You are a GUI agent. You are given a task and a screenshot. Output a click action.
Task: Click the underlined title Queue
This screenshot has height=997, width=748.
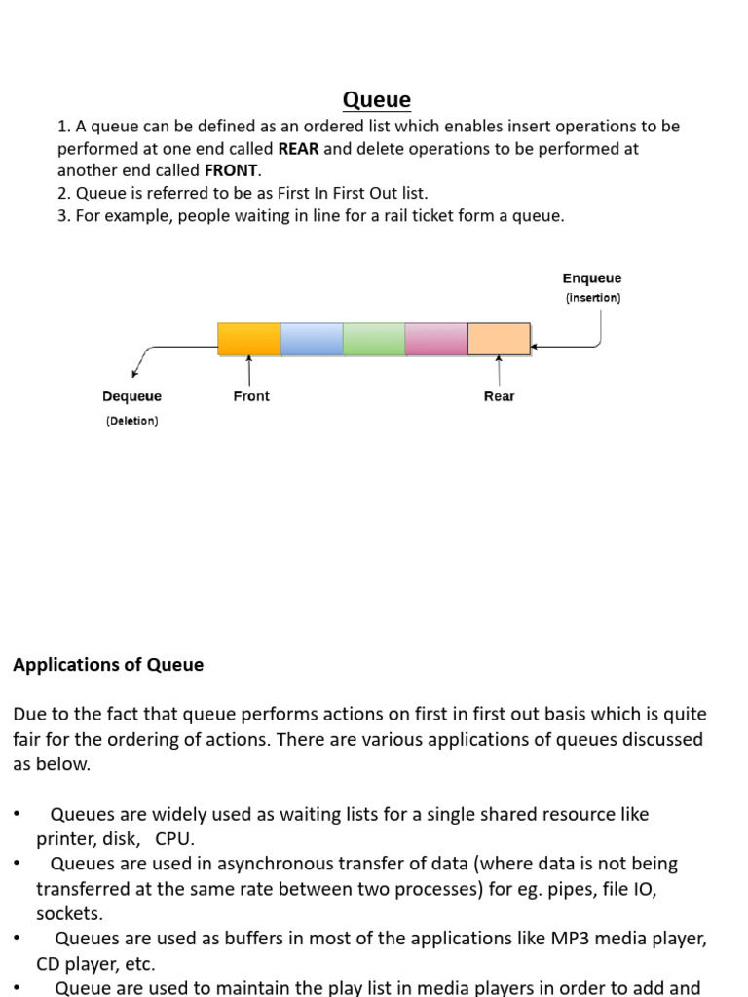(377, 99)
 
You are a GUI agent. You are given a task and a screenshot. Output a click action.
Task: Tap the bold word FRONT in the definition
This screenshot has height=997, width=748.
(232, 170)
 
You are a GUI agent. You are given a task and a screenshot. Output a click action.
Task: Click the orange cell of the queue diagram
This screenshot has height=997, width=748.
(249, 339)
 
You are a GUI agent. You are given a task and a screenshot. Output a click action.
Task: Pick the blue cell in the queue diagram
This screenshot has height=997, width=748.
(312, 339)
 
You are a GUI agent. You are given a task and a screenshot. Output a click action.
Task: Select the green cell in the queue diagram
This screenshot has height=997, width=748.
(374, 339)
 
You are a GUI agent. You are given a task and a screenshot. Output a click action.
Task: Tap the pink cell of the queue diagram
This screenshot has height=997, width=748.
(436, 339)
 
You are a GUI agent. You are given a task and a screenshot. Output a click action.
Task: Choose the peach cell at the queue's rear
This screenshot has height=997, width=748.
(499, 339)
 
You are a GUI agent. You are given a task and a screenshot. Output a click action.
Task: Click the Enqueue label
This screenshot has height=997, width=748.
(591, 278)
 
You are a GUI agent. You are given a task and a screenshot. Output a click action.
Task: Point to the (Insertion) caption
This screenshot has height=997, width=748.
(592, 298)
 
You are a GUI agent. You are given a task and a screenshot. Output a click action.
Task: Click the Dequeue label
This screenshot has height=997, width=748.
(131, 396)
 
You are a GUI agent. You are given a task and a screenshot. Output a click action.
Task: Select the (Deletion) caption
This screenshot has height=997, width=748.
(131, 421)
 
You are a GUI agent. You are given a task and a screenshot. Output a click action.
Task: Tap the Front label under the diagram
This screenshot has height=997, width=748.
(251, 396)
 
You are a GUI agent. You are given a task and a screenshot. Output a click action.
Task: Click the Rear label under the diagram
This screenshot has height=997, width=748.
(499, 396)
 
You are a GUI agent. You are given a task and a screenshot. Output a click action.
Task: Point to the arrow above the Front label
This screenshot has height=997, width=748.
(250, 370)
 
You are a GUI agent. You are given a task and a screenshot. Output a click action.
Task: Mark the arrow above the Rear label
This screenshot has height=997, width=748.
(499, 370)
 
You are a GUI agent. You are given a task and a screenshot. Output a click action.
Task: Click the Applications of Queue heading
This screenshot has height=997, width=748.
(108, 665)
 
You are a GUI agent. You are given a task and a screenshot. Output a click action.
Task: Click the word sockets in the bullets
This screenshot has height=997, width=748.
(68, 913)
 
